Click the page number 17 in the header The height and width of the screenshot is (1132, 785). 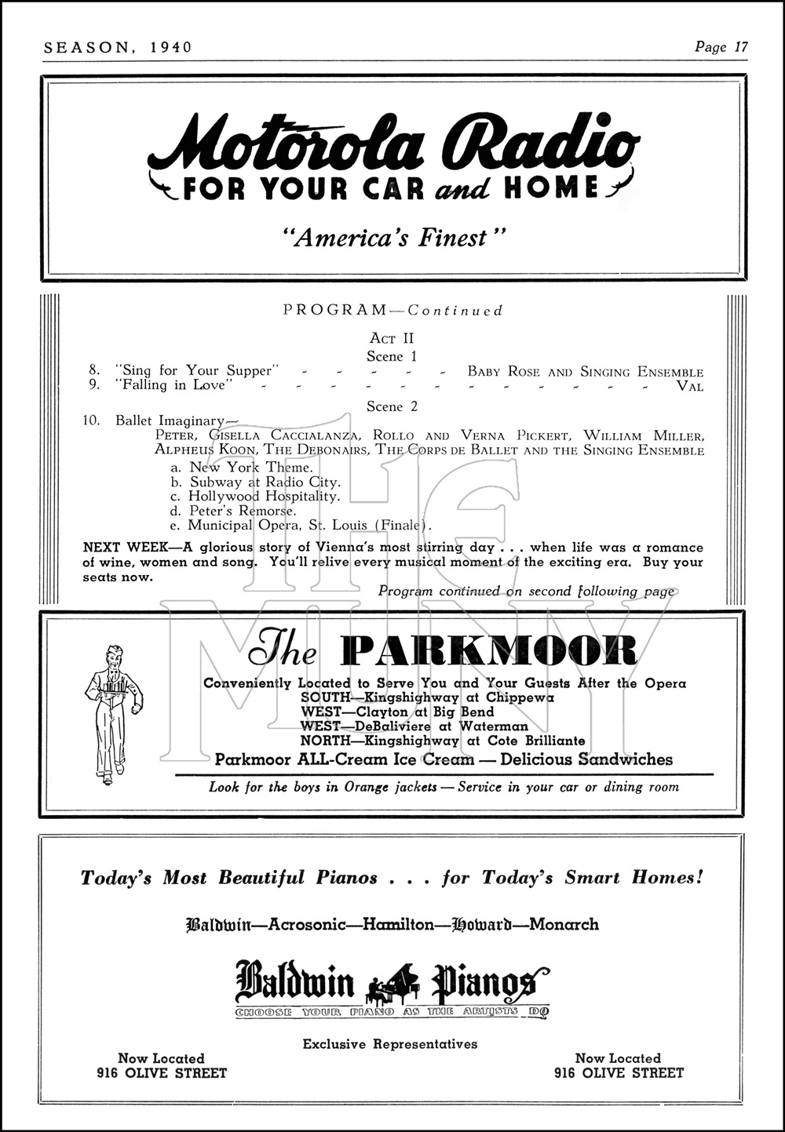[x=739, y=47]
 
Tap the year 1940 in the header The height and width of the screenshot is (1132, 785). [x=166, y=47]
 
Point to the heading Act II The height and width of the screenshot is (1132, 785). [x=392, y=339]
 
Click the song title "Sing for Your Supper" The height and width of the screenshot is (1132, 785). [x=198, y=371]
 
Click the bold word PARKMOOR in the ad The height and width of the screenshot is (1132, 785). [x=488, y=650]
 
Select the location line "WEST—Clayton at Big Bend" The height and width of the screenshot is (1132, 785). [x=397, y=712]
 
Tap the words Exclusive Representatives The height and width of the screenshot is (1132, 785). [x=390, y=1044]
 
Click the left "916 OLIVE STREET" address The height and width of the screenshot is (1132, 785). [x=161, y=1073]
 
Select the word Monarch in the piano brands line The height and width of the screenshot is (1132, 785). [x=564, y=924]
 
